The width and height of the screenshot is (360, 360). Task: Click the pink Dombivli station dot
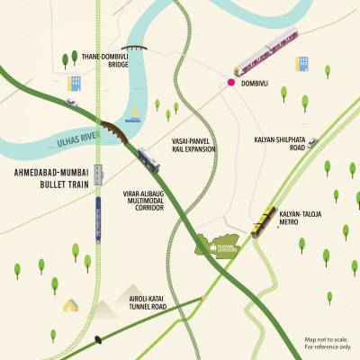(x=231, y=83)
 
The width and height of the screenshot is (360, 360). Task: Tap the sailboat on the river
(x=134, y=115)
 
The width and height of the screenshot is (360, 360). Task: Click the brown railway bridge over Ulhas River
(x=114, y=131)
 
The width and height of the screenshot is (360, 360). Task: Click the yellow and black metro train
(x=263, y=220)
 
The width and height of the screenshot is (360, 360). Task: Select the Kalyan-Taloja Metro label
(x=301, y=216)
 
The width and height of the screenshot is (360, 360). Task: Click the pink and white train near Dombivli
(x=265, y=53)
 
